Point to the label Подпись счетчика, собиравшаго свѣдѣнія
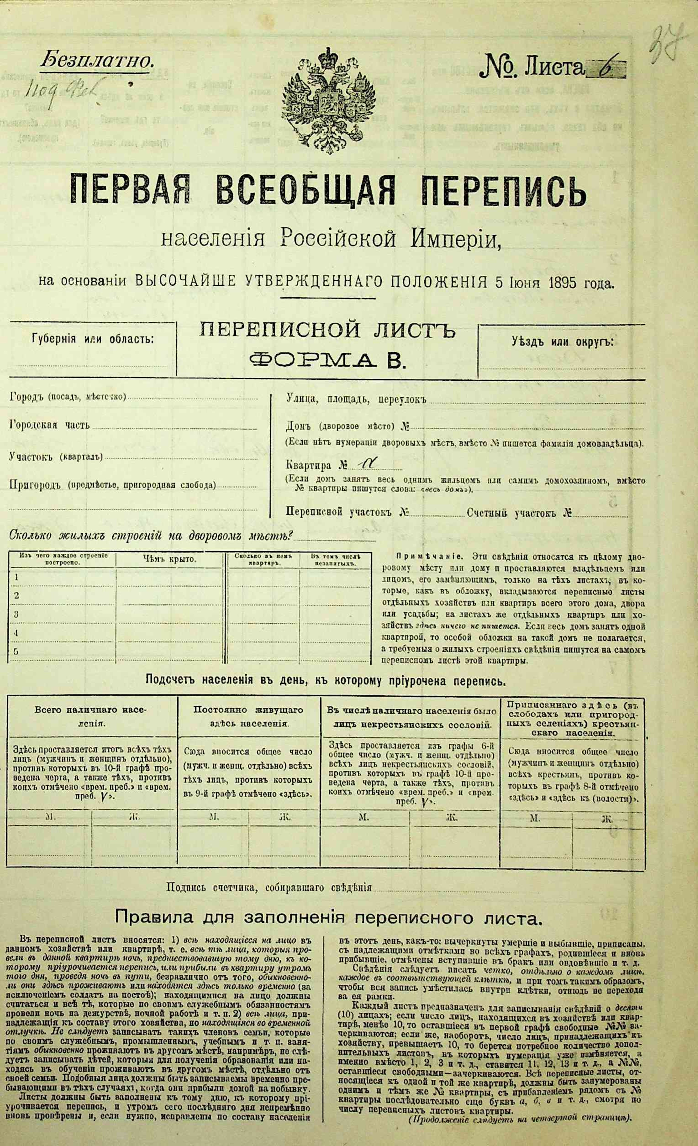click(x=269, y=887)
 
